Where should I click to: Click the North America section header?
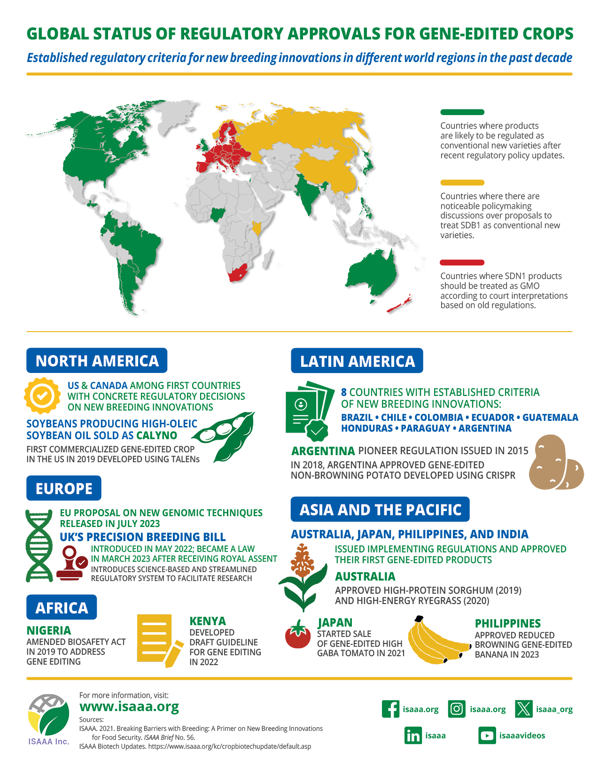click(x=97, y=361)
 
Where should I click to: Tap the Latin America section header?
click(x=357, y=361)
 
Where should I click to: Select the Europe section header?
click(x=64, y=488)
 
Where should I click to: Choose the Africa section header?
click(x=62, y=608)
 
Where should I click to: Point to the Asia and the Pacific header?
click(x=380, y=510)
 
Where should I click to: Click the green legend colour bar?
click(x=462, y=112)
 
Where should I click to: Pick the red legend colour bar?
click(x=462, y=263)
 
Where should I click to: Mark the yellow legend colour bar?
click(x=462, y=183)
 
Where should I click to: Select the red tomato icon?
click(x=298, y=635)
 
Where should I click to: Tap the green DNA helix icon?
click(x=39, y=545)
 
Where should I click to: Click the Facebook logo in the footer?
click(x=390, y=709)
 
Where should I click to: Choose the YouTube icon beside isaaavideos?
click(x=487, y=736)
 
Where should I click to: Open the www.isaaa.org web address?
click(x=129, y=706)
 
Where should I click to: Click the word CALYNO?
click(x=156, y=435)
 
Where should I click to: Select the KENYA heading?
click(x=208, y=621)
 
